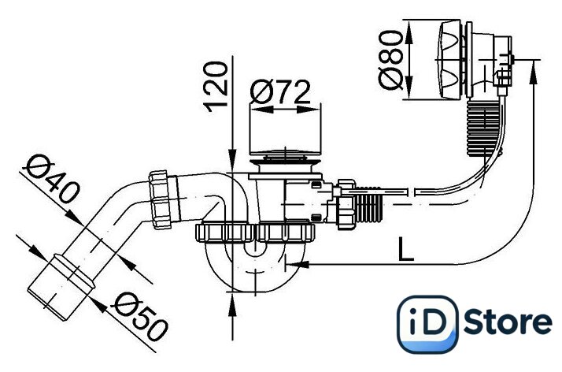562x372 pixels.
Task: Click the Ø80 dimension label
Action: [390, 60]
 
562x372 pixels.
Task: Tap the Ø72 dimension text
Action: [280, 92]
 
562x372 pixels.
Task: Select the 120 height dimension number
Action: [216, 87]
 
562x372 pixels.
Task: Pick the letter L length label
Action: [406, 249]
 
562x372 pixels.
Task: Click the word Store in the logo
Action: [508, 322]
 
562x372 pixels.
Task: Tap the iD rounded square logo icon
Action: [427, 324]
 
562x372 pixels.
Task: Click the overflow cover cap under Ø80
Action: [450, 60]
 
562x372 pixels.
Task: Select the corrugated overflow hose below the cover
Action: [485, 128]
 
